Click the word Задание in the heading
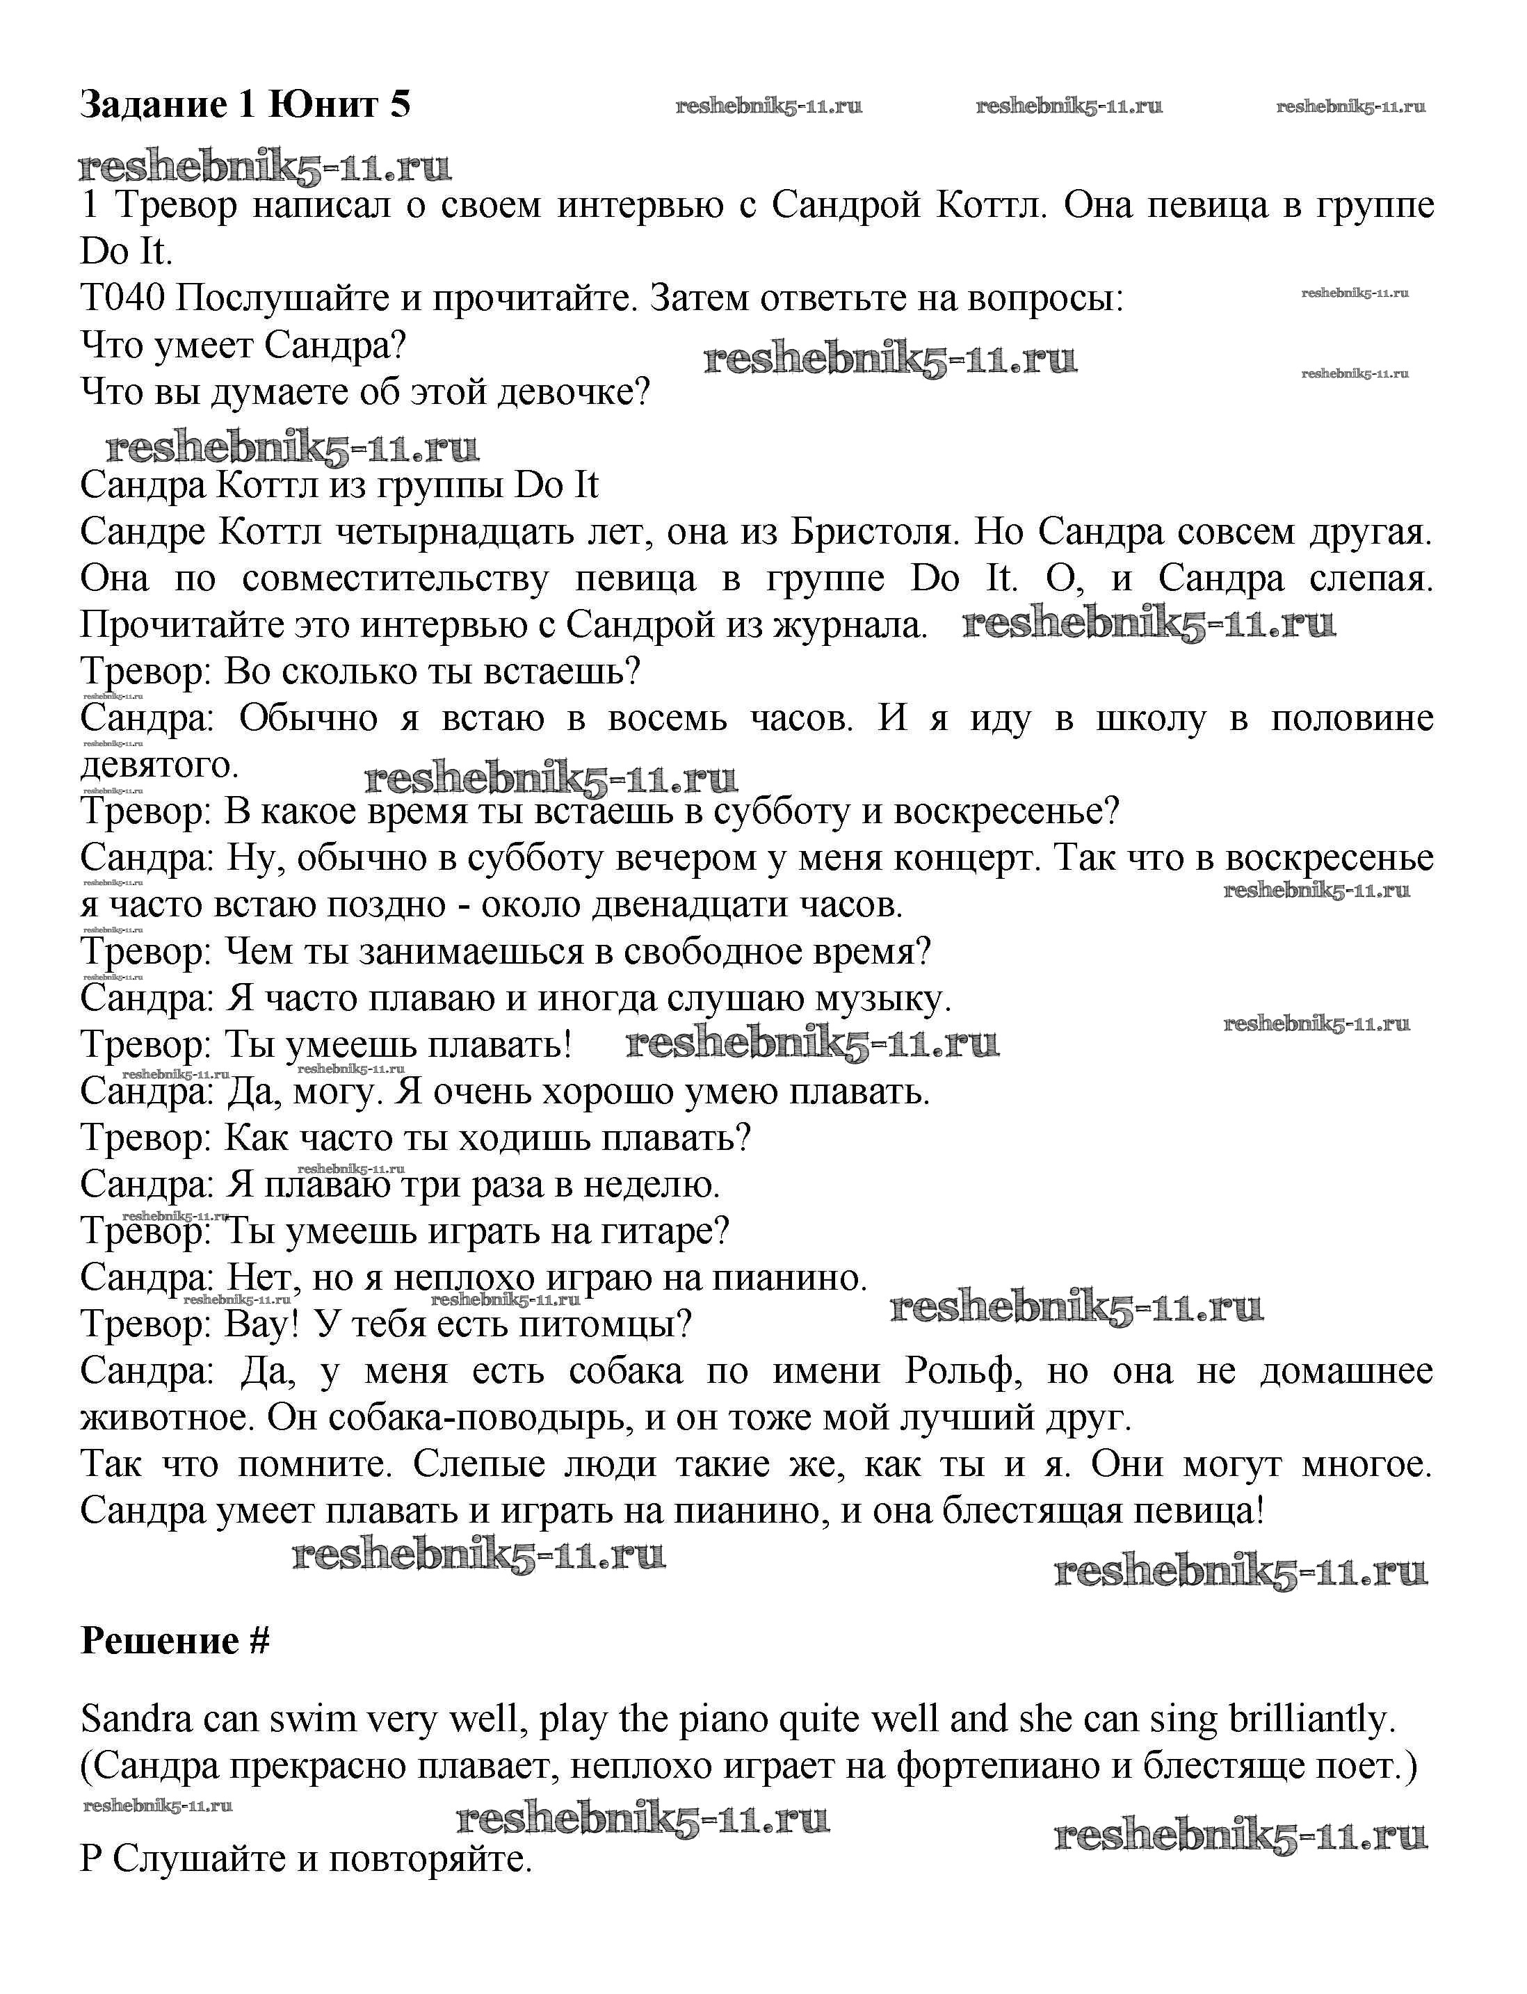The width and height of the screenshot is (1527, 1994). [x=154, y=106]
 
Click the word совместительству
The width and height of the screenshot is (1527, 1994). [x=396, y=579]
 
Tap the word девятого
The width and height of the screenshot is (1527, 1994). [x=159, y=765]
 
